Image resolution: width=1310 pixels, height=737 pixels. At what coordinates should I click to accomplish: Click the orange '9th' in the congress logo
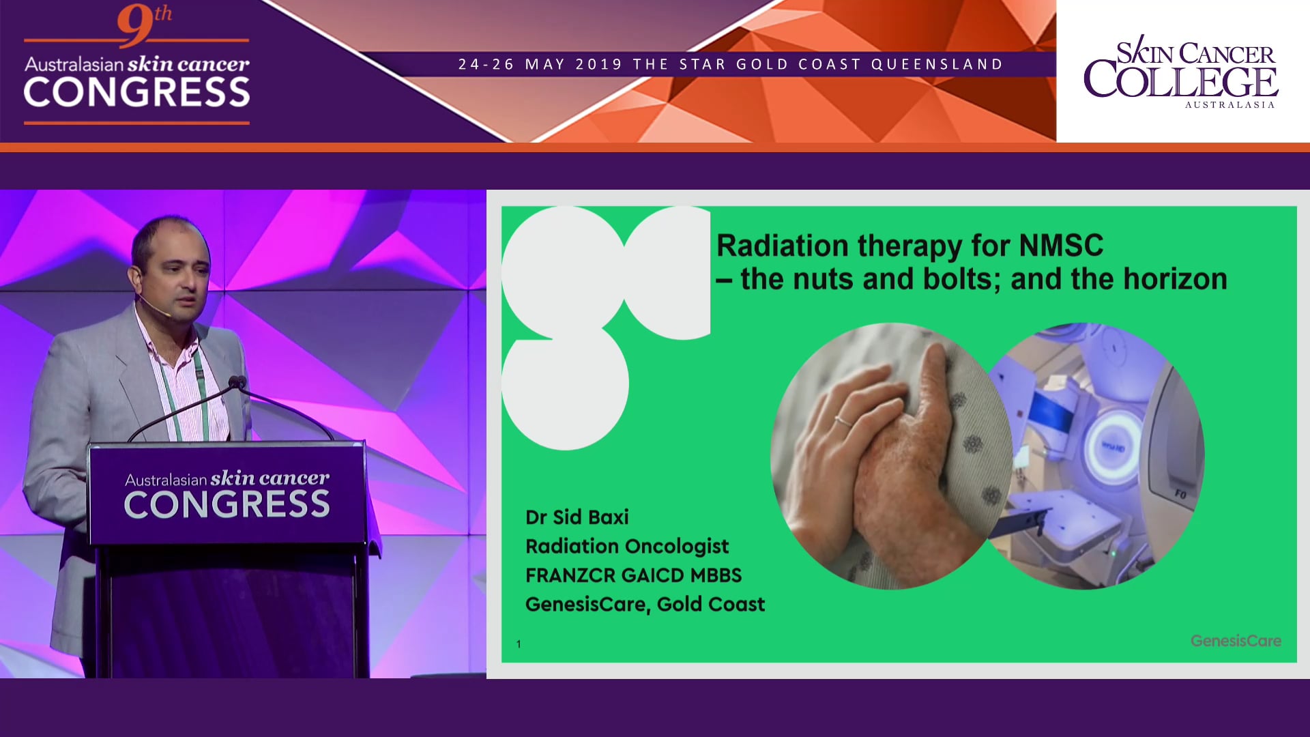[143, 24]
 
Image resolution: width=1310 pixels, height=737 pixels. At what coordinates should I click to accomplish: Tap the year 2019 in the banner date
[599, 64]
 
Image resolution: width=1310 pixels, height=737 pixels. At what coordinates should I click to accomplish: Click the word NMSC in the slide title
[1061, 246]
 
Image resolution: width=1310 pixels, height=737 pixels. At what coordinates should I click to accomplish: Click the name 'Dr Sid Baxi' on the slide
[577, 517]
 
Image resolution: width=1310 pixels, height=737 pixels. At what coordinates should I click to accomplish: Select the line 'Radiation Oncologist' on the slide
[627, 546]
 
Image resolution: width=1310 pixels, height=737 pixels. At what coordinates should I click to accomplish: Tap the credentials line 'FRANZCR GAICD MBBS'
[633, 575]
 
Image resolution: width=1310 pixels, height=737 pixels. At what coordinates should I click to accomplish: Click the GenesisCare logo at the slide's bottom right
[1236, 641]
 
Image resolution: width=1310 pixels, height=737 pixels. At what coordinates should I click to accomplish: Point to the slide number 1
[519, 644]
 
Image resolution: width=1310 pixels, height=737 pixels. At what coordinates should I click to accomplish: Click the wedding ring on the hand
[843, 421]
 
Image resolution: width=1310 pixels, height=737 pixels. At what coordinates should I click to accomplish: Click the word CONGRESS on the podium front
[227, 505]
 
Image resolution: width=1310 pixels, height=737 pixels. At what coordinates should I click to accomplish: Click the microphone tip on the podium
[237, 383]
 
